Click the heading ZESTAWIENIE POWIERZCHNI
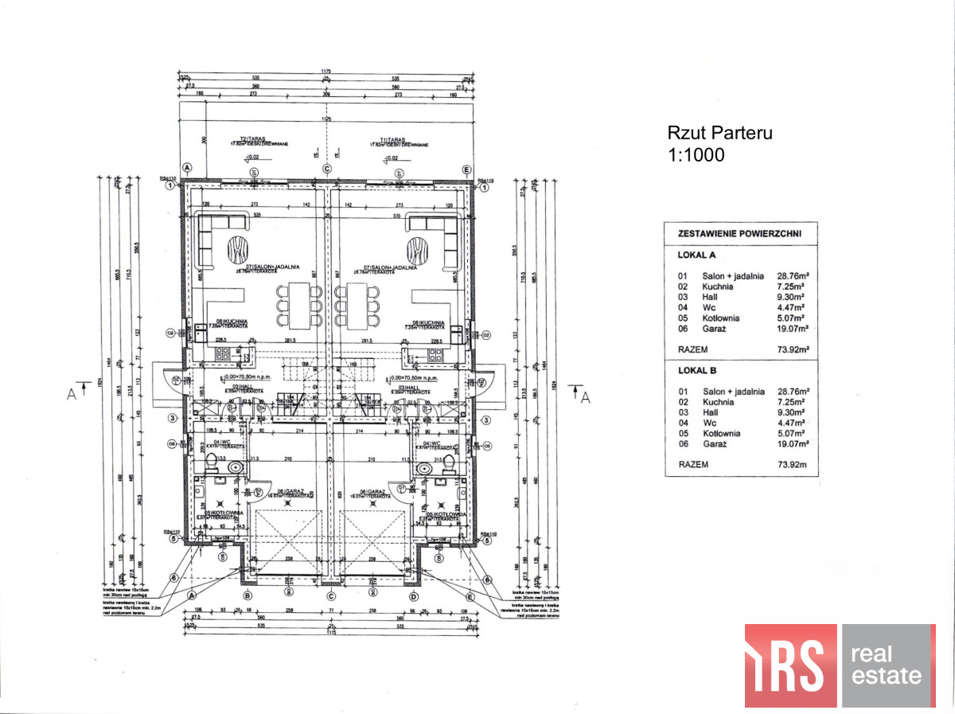click(x=739, y=234)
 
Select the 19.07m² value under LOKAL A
click(x=793, y=328)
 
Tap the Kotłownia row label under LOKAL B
click(x=720, y=434)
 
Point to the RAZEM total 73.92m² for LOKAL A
click(x=793, y=349)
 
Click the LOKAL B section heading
click(x=698, y=371)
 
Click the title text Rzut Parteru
click(x=719, y=134)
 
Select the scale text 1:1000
click(x=696, y=155)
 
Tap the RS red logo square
click(x=790, y=665)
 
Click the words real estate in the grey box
click(x=887, y=665)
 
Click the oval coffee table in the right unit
click(x=416, y=252)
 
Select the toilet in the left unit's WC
click(x=211, y=461)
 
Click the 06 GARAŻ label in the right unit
click(x=373, y=492)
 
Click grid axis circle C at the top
click(x=326, y=169)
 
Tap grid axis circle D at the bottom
click(x=413, y=595)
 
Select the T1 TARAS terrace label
click(x=384, y=142)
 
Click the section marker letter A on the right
click(x=586, y=398)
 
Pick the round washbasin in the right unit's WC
click(x=423, y=470)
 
